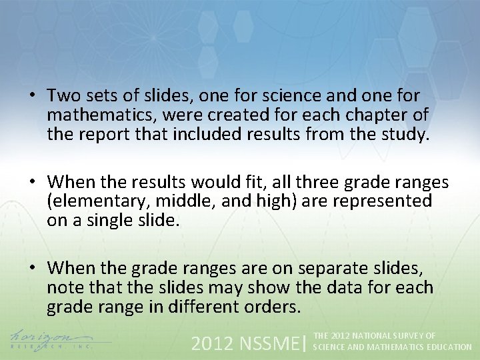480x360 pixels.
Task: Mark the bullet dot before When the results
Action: [32, 181]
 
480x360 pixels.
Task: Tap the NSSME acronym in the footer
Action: [267, 343]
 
